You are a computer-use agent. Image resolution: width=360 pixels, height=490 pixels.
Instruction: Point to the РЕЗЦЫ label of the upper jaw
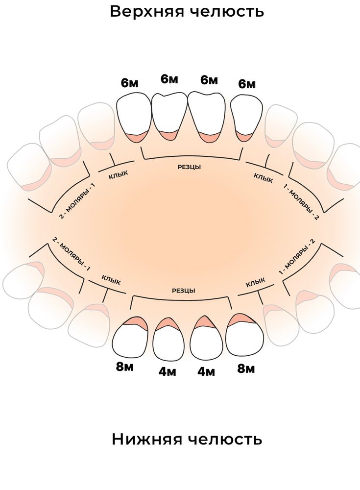189,167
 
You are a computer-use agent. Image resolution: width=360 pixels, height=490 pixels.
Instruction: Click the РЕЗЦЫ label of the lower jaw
184,291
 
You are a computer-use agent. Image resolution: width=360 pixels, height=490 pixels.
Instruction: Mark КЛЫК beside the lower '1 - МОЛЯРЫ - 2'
256,283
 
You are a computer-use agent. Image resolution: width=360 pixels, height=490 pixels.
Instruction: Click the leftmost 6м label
130,83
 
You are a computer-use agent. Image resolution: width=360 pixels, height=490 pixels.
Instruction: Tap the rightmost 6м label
247,84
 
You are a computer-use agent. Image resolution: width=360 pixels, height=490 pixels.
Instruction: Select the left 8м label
125,367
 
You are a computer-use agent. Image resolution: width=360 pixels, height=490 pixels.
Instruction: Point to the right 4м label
206,371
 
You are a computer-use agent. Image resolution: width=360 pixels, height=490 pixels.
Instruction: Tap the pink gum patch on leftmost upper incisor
136,138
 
